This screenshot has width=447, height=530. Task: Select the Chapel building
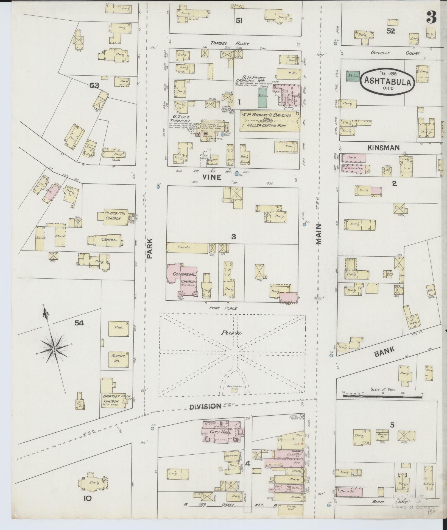point(109,240)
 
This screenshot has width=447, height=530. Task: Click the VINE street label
point(212,177)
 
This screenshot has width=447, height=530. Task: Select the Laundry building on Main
point(354,168)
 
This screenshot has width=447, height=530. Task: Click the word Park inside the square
point(234,333)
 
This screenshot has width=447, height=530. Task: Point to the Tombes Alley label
point(230,43)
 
